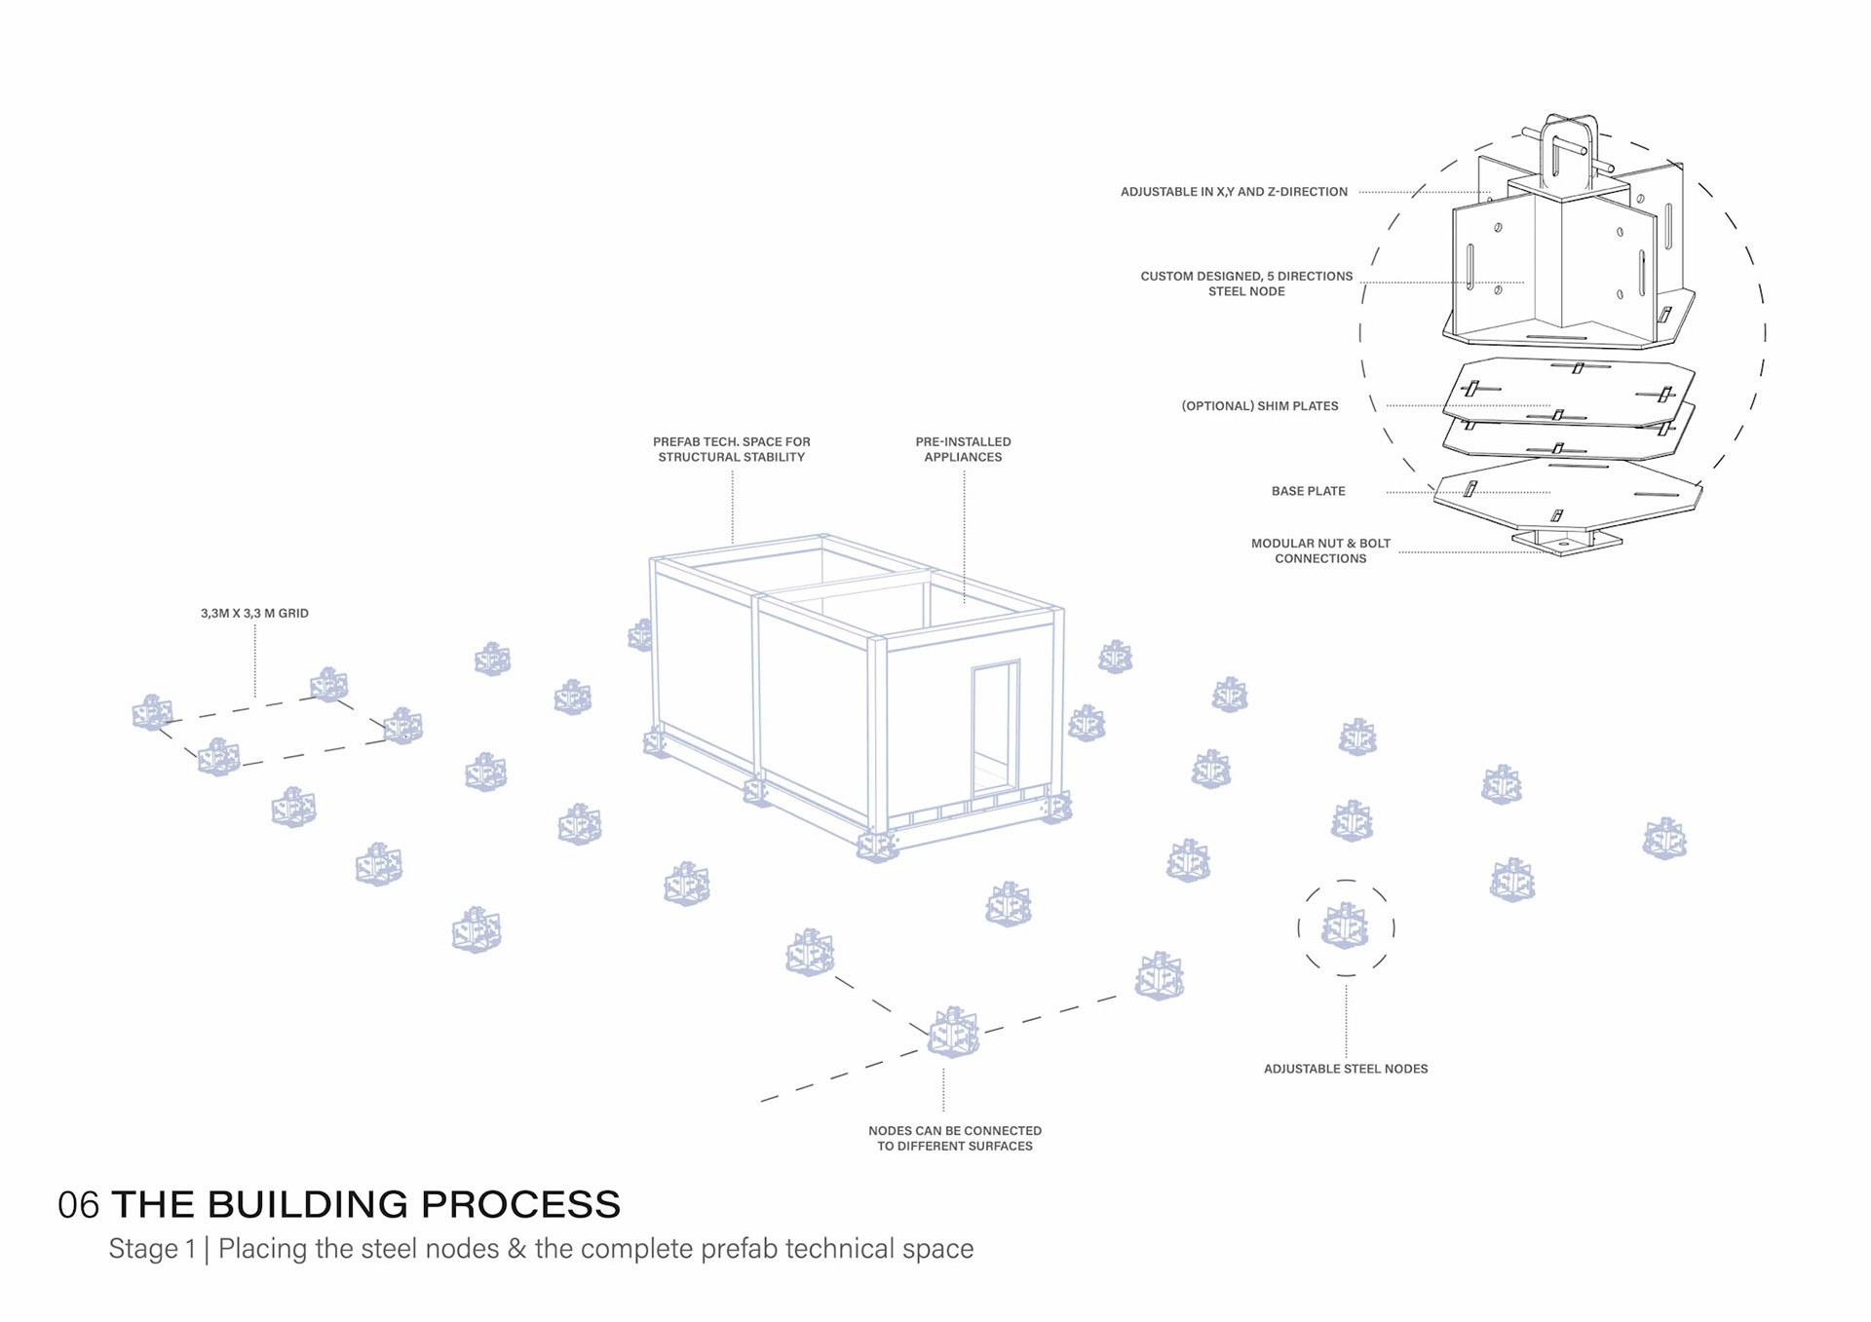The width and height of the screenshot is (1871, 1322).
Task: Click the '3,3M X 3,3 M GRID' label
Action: tap(254, 614)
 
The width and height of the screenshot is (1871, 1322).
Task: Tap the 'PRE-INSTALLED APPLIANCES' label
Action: tap(963, 449)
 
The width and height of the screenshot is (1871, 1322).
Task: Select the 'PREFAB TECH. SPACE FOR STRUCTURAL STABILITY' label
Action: tap(731, 449)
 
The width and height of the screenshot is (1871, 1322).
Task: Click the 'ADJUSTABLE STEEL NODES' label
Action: tap(1346, 1069)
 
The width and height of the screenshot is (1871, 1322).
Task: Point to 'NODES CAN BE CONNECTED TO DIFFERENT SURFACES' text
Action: tap(955, 1139)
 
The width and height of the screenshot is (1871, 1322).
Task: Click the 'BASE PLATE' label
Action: tap(1308, 491)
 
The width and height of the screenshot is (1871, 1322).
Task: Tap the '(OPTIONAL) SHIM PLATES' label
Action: tap(1260, 406)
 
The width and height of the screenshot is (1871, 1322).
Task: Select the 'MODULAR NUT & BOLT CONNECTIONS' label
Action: tap(1320, 551)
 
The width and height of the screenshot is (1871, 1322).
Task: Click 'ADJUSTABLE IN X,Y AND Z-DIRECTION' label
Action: tap(1234, 192)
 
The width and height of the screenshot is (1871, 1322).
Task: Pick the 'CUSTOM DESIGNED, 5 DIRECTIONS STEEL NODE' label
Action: tap(1246, 283)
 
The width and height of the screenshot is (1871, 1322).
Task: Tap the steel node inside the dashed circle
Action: tap(1345, 926)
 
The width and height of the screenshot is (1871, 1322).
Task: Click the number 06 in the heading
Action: tap(78, 1205)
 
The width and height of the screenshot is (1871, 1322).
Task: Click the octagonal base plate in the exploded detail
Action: tap(1568, 496)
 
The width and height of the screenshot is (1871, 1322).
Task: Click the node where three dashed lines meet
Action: tap(953, 1033)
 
